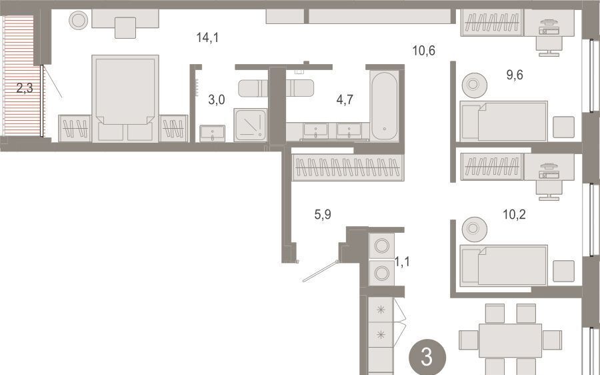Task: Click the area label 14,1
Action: [208, 37]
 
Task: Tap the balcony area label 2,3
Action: [25, 89]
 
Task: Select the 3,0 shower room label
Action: [217, 100]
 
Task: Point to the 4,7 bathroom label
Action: [345, 99]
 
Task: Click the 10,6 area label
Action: [424, 50]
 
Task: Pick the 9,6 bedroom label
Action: [515, 75]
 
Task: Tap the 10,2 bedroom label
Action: [514, 214]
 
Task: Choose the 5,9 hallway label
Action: [323, 215]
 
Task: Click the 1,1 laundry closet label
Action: [402, 262]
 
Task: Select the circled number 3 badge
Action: [427, 357]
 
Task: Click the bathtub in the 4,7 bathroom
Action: [385, 105]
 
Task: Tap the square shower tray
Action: [251, 125]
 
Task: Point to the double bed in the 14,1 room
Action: [125, 99]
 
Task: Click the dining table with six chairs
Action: [511, 340]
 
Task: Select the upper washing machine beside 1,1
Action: [381, 246]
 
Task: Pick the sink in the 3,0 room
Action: [213, 133]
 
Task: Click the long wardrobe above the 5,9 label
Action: [347, 167]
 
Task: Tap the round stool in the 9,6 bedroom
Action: [475, 85]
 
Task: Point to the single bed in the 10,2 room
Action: [504, 265]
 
